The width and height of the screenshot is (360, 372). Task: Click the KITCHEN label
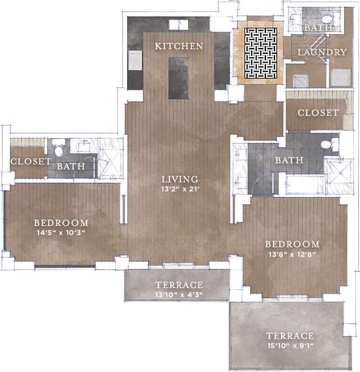tap(179, 46)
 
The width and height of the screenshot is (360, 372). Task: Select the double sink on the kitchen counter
tap(179, 24)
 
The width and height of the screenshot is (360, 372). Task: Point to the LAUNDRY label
tap(322, 52)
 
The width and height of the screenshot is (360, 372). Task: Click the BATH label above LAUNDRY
tap(318, 27)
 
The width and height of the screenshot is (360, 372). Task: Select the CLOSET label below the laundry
tap(318, 112)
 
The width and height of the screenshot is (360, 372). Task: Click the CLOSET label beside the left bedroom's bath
tap(31, 162)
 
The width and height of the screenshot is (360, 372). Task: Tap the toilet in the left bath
tap(59, 150)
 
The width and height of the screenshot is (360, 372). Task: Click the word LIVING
tap(180, 179)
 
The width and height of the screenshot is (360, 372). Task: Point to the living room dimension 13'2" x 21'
tap(180, 189)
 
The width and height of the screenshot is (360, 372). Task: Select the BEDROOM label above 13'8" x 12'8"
tap(292, 244)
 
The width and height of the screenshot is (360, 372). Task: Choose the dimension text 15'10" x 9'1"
tap(289, 345)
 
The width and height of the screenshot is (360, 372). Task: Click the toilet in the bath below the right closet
tap(326, 144)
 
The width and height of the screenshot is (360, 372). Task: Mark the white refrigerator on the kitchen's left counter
tap(135, 60)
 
